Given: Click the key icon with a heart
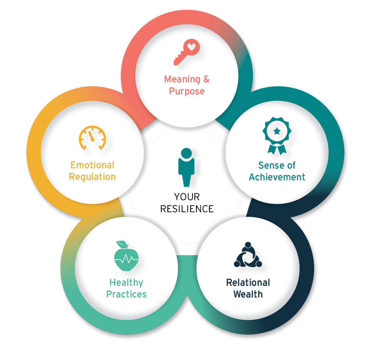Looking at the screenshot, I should point(187,53).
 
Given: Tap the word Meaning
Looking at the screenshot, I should point(182,79).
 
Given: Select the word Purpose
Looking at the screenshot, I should point(187,91).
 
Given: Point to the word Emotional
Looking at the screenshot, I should point(92,165).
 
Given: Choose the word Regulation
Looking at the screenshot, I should point(92,177).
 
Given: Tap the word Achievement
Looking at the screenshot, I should point(277,177).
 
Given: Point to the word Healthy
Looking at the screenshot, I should point(126,283).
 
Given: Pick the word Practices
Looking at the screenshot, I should point(126,294).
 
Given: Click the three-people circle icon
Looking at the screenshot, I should point(248,255).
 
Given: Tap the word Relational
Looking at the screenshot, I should point(248,283).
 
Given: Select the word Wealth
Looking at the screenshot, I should point(248,294).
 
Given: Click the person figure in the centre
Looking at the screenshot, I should point(186,167).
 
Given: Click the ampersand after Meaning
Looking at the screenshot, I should point(206,79).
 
